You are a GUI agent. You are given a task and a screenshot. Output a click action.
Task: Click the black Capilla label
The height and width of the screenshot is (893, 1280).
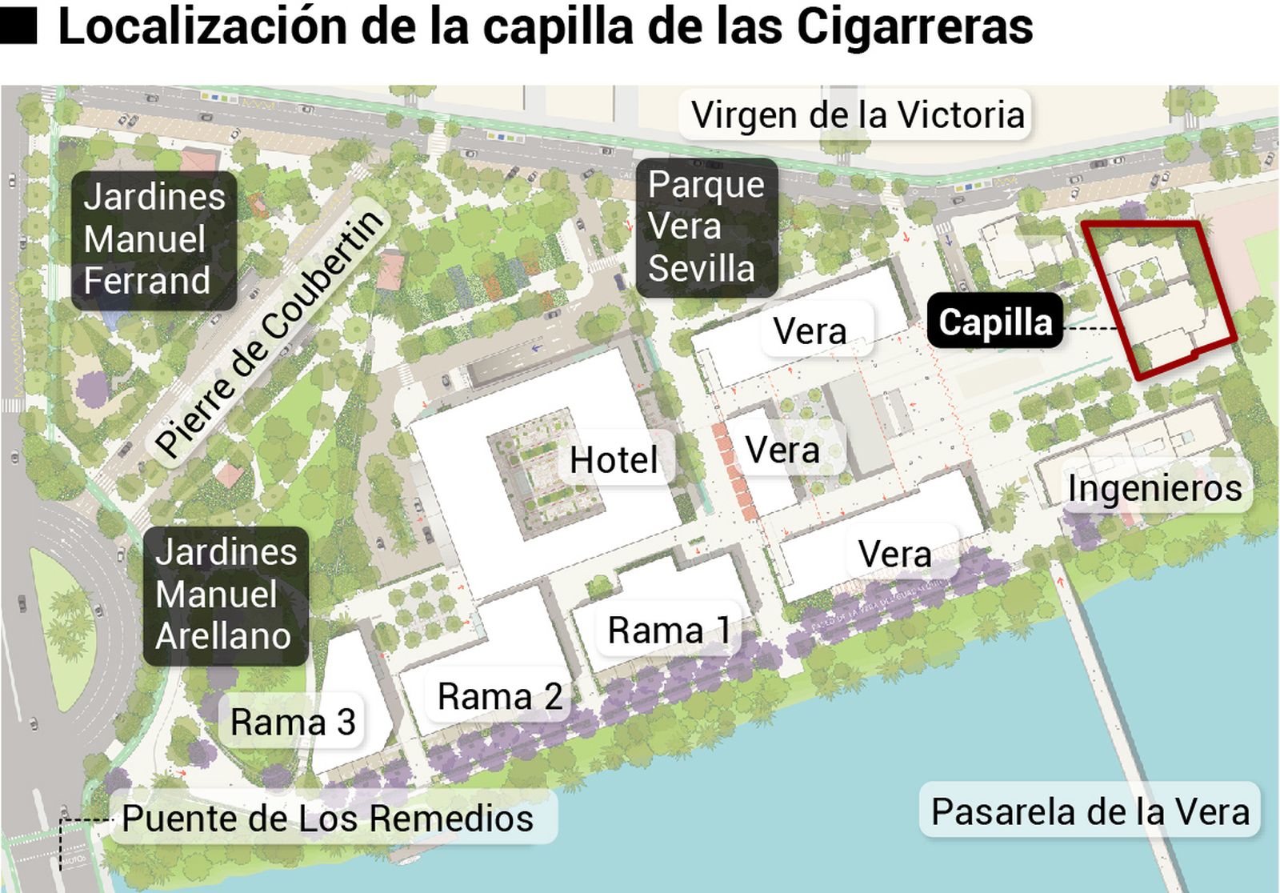[x=995, y=322]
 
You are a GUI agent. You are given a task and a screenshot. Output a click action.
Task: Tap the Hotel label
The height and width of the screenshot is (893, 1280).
[x=614, y=460]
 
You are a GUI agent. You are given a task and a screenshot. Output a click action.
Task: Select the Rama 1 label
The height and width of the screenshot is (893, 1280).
[x=669, y=631]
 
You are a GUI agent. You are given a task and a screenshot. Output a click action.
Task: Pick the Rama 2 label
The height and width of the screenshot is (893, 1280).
[x=499, y=697]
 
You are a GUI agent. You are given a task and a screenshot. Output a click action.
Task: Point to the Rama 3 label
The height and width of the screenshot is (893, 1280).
[x=293, y=723]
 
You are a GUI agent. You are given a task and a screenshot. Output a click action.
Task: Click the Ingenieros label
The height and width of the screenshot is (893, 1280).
[x=1154, y=488]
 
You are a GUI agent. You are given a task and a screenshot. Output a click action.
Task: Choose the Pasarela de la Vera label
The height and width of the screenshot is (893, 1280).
[x=1090, y=811]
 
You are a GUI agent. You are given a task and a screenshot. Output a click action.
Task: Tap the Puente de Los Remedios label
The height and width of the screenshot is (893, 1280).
[x=328, y=819]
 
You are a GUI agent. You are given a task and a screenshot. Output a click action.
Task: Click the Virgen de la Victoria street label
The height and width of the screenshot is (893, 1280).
[x=857, y=115]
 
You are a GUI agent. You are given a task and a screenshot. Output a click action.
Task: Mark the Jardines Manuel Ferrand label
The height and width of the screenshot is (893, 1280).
[x=154, y=239]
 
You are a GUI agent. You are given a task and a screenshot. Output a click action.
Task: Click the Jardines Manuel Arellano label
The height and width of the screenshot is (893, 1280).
[x=226, y=595]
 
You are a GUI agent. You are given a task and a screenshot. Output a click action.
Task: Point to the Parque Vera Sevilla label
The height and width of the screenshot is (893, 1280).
[x=706, y=226]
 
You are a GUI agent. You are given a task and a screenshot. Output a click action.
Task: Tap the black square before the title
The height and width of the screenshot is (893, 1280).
[x=19, y=26]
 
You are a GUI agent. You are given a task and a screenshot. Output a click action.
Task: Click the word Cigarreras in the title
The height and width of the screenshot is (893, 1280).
[x=914, y=26]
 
